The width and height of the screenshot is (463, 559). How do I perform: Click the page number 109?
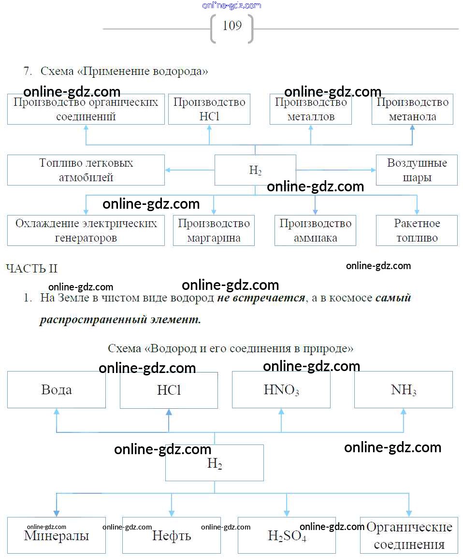tap(232, 26)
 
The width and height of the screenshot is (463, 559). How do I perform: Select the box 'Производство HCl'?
tap(209, 109)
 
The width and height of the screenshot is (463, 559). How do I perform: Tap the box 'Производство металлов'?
tap(311, 109)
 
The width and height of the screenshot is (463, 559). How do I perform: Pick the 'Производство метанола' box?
tap(412, 109)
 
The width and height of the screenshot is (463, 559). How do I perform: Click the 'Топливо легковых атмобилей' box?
tap(86, 170)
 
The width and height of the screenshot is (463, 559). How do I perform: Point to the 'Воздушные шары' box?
tap(417, 170)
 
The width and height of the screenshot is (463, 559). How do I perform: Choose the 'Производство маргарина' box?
tap(214, 230)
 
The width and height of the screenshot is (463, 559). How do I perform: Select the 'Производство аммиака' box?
tap(315, 230)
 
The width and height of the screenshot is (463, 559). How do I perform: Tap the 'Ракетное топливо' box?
tap(417, 230)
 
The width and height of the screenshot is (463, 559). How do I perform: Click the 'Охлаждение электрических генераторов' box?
tap(86, 230)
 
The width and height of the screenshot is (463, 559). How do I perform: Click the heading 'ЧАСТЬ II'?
tap(32, 269)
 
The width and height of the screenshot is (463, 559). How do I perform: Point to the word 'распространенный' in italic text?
tap(93, 319)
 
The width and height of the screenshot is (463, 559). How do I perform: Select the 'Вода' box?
tap(57, 390)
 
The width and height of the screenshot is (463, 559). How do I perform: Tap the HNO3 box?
tap(281, 390)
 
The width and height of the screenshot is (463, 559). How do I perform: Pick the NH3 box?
tap(404, 390)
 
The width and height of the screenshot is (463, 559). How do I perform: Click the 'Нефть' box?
tap(172, 535)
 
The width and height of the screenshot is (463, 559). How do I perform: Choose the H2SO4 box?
tap(287, 535)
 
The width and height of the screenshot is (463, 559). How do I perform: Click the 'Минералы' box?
tap(57, 535)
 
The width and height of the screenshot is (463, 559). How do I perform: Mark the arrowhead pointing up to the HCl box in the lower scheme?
tap(169, 412)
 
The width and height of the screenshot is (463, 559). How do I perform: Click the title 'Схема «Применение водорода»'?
tap(124, 72)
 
